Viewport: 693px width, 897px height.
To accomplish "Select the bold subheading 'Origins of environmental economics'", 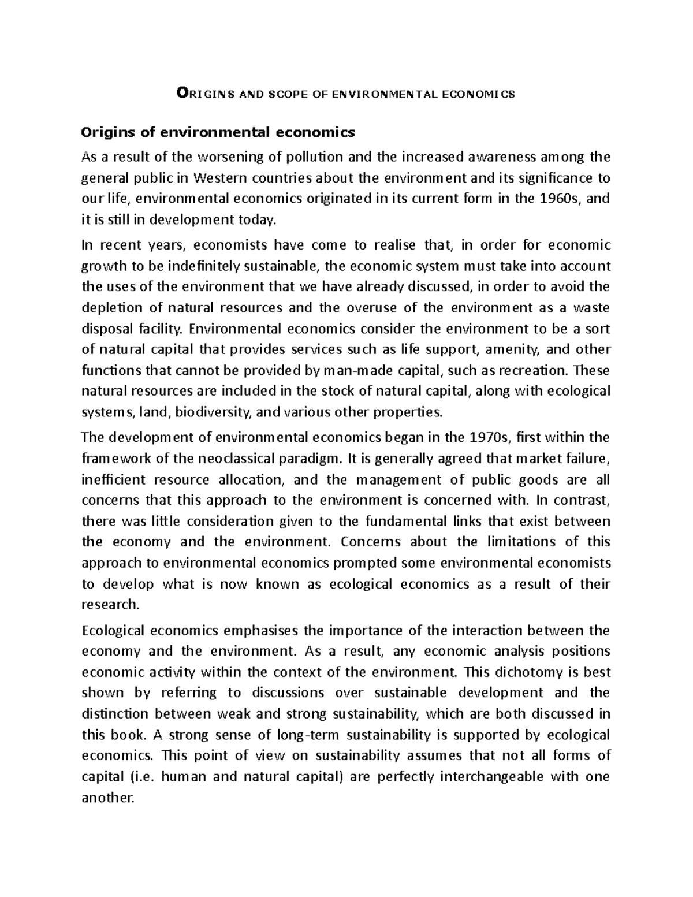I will [x=218, y=133].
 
